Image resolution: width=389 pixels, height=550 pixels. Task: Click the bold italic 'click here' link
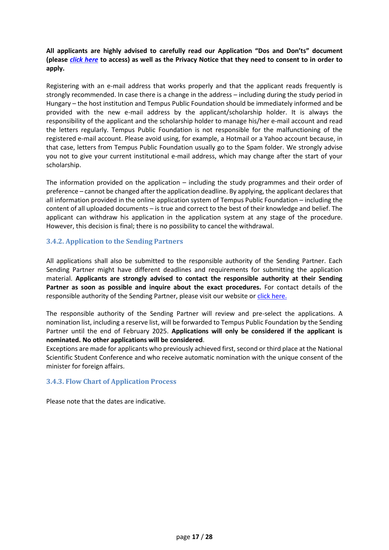[x=84, y=60]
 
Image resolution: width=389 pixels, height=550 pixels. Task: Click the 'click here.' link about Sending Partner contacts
[x=272, y=296]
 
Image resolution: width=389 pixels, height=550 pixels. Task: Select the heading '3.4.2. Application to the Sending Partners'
[x=114, y=241]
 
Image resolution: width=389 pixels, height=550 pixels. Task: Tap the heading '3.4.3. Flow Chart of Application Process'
[x=111, y=382]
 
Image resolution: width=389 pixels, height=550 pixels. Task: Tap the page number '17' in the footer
[x=196, y=537]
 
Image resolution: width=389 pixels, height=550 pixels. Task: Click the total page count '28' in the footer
[x=209, y=537]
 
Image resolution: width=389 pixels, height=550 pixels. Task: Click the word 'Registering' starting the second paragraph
[x=62, y=86]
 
